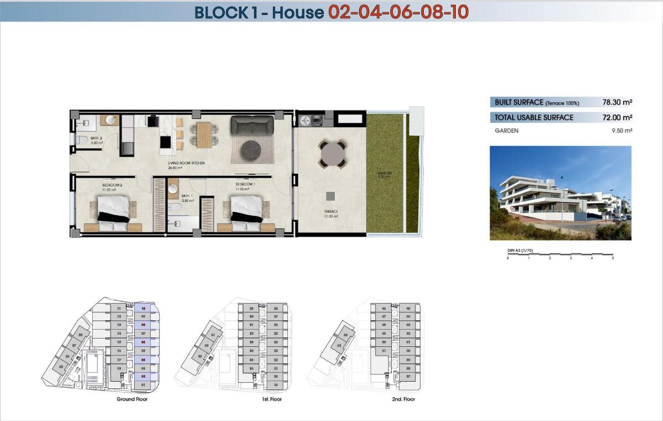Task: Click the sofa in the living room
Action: [252, 125]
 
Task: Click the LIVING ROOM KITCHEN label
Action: [187, 164]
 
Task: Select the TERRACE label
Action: [331, 211]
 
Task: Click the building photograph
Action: [560, 193]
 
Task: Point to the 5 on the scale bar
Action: [613, 258]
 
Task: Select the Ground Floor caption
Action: [132, 399]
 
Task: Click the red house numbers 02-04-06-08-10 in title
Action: [398, 12]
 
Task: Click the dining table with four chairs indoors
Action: [204, 133]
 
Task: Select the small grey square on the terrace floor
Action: [330, 195]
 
